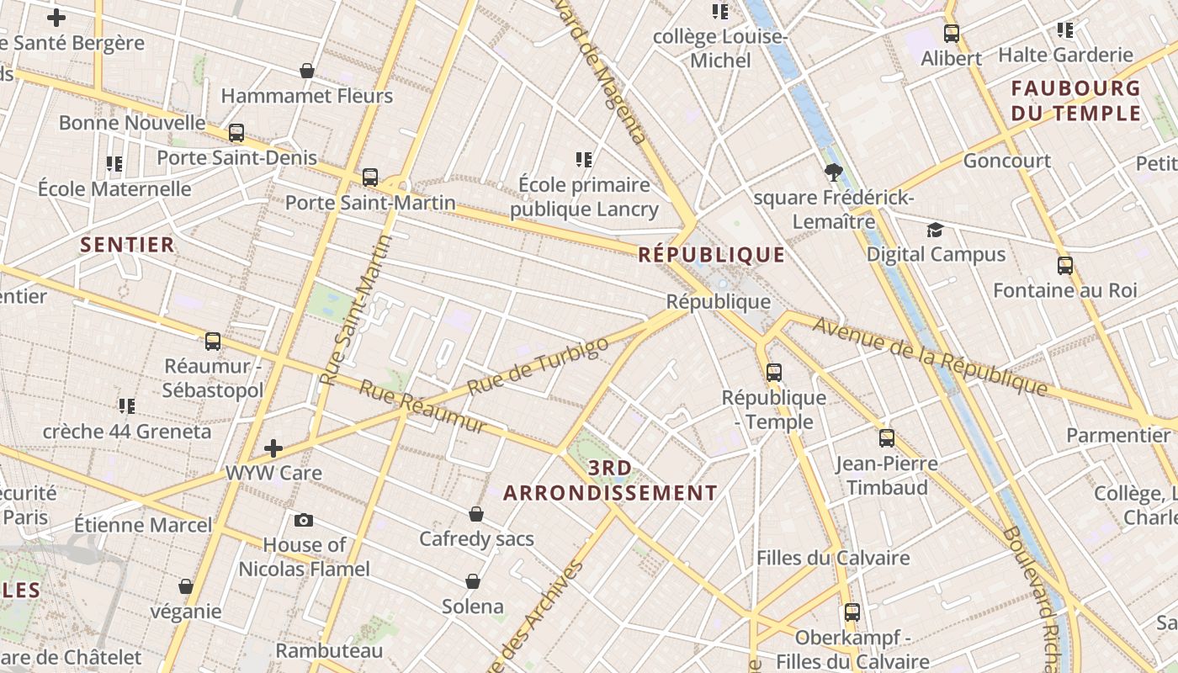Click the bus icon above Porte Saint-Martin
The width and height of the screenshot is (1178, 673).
[370, 178]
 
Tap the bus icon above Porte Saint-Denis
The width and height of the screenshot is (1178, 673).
[236, 133]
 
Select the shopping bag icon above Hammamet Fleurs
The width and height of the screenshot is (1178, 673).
[307, 71]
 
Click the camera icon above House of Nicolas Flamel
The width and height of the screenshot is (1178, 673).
[304, 521]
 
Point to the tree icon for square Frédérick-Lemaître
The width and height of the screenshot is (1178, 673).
[834, 172]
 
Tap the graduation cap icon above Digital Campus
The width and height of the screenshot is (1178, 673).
[935, 230]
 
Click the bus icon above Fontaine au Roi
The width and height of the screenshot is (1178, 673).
[1065, 266]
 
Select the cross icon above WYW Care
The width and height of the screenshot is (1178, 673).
[273, 448]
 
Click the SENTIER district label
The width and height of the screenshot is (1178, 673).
[127, 245]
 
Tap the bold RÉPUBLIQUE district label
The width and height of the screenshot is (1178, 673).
[711, 255]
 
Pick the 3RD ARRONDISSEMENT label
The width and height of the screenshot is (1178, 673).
[610, 481]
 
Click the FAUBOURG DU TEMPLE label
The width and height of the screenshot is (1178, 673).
[1075, 100]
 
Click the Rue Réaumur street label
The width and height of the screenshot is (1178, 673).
[423, 406]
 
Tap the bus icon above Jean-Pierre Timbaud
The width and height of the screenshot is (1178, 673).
[887, 438]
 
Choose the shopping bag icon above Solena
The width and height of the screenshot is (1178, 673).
[473, 581]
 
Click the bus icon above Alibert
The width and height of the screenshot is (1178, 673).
[952, 34]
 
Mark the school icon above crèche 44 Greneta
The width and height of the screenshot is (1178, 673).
[127, 407]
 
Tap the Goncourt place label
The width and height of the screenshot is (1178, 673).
[1007, 161]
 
